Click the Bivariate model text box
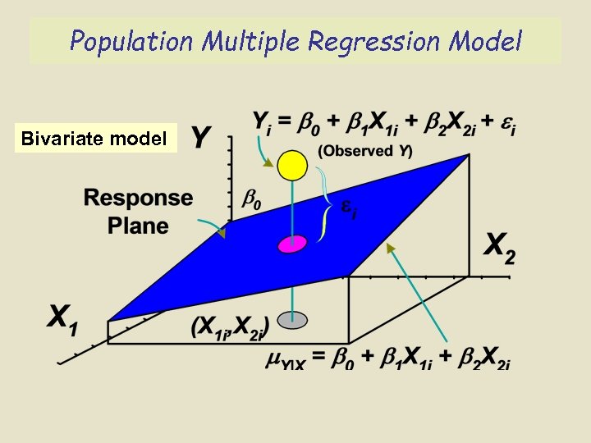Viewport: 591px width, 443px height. coord(94,138)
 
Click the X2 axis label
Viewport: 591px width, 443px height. coord(500,247)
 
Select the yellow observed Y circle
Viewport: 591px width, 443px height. coord(291,165)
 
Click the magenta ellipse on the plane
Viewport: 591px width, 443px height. coord(291,243)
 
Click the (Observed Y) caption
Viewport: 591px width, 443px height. coord(365,150)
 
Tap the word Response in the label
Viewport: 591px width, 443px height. coord(138,198)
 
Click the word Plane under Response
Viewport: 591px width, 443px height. coord(138,225)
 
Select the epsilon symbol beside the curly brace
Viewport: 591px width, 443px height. coord(350,212)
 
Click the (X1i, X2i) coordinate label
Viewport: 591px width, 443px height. coord(230,325)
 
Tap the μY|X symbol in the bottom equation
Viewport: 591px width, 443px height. coord(282,360)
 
